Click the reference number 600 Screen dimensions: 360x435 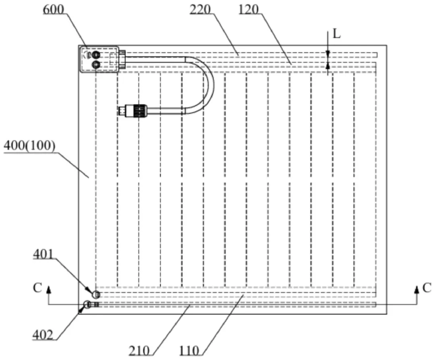53,9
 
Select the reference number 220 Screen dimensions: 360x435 201,8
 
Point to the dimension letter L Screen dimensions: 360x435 337,34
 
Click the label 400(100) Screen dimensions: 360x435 29,146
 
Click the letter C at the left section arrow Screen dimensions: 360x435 37,289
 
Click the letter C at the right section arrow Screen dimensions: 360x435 427,288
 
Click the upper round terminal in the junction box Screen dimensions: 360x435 96,55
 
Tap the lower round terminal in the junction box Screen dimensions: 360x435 96,64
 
